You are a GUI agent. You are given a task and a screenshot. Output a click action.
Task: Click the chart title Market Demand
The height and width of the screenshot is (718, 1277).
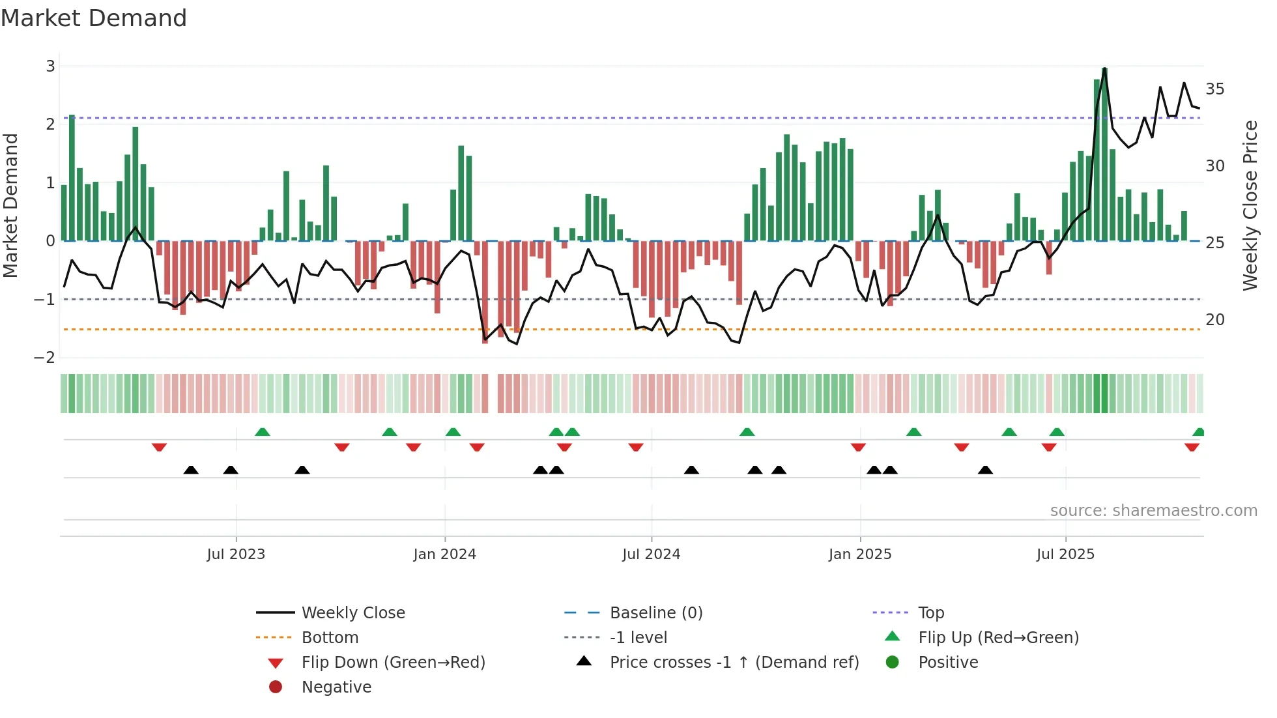(x=94, y=18)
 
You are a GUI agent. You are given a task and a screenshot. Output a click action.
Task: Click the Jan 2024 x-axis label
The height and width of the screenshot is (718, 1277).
(x=444, y=554)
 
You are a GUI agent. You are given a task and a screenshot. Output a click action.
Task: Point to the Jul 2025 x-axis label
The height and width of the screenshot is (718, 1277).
(x=1065, y=554)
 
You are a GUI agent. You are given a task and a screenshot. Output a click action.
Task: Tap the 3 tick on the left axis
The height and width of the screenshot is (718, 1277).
(x=50, y=66)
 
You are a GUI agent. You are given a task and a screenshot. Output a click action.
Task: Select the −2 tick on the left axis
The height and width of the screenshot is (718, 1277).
(x=45, y=357)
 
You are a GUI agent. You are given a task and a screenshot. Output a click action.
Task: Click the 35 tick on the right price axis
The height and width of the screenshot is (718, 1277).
(x=1214, y=89)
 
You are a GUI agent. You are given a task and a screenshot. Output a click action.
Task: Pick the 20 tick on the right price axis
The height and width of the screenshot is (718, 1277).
(x=1214, y=319)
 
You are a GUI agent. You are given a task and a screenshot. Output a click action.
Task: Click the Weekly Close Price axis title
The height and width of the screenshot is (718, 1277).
(x=1250, y=205)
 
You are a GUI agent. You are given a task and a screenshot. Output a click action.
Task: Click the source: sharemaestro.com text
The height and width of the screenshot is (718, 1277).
(x=1153, y=510)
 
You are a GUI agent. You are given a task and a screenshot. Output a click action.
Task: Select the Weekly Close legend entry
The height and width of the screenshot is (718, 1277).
(x=352, y=612)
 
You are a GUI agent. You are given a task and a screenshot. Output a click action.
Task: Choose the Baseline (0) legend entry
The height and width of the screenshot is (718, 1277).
(x=655, y=612)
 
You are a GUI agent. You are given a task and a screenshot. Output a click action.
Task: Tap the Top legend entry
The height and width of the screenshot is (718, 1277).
(x=930, y=612)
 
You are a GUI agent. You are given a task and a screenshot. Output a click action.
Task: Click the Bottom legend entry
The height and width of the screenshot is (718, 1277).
(x=330, y=637)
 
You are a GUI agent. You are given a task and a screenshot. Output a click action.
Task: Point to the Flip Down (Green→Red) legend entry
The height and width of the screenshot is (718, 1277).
(x=393, y=662)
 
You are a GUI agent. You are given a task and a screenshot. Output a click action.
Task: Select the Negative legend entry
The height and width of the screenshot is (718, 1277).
(x=336, y=687)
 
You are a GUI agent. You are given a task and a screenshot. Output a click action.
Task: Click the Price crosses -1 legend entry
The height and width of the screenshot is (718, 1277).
(x=734, y=662)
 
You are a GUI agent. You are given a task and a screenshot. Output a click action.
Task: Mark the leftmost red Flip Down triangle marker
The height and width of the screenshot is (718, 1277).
(x=159, y=447)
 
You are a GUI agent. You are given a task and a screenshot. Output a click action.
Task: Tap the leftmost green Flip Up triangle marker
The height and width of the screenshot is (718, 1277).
(x=262, y=432)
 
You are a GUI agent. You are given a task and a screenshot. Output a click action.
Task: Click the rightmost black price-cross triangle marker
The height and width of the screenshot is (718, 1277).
(x=985, y=470)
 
